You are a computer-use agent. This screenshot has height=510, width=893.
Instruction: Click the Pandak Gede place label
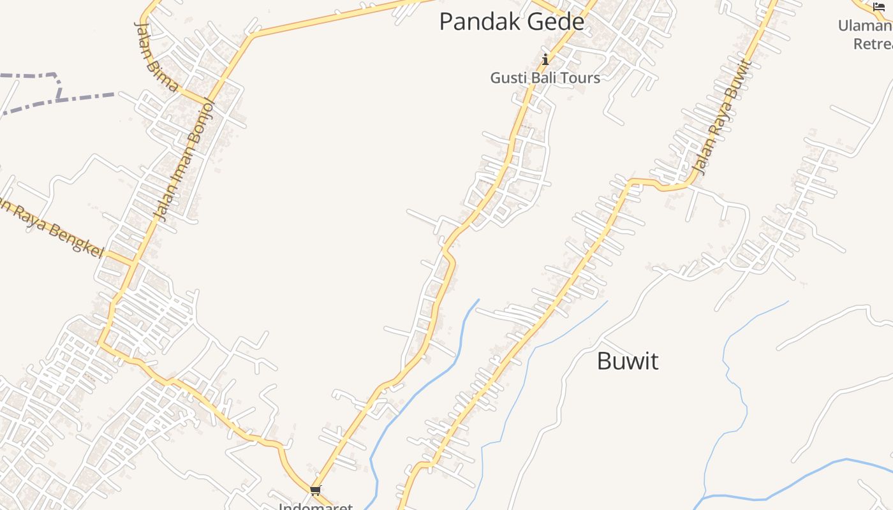click(x=512, y=22)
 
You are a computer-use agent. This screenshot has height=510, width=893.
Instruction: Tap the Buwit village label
click(x=628, y=361)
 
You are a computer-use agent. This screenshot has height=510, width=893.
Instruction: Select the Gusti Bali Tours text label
click(x=545, y=78)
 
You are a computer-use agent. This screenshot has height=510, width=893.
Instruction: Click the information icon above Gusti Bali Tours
click(x=545, y=60)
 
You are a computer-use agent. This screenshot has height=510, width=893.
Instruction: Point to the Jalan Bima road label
click(x=155, y=56)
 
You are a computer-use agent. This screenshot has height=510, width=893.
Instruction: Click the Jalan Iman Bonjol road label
click(x=185, y=161)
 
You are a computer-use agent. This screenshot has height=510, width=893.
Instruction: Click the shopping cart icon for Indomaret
click(x=315, y=490)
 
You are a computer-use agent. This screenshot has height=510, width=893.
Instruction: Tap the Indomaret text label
click(x=315, y=506)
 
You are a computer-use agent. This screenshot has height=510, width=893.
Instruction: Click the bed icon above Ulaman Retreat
click(x=879, y=7)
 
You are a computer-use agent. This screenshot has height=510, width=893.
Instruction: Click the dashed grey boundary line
click(x=83, y=97)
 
